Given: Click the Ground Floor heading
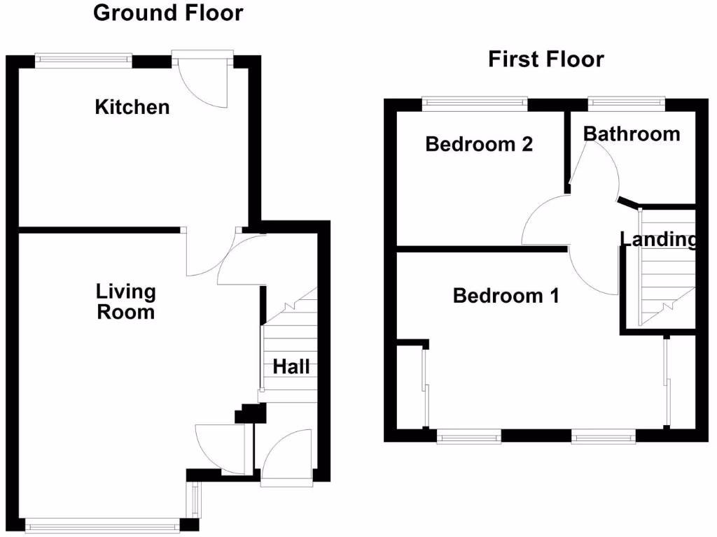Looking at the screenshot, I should click(168, 13).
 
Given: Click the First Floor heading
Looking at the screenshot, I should click(545, 59).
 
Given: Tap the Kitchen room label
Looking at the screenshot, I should click(132, 107).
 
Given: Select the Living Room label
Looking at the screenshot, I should click(126, 301).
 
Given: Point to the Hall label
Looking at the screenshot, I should click(291, 366).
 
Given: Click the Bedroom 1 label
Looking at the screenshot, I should click(506, 296).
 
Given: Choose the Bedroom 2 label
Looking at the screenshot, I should click(479, 144).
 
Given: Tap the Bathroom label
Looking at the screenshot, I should click(632, 134).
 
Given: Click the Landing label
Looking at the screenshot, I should click(658, 240).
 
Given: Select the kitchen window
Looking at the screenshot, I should click(83, 61).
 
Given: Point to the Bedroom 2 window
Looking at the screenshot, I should click(475, 103).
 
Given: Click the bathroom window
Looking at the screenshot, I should click(625, 103).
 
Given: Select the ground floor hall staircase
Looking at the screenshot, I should click(291, 343).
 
